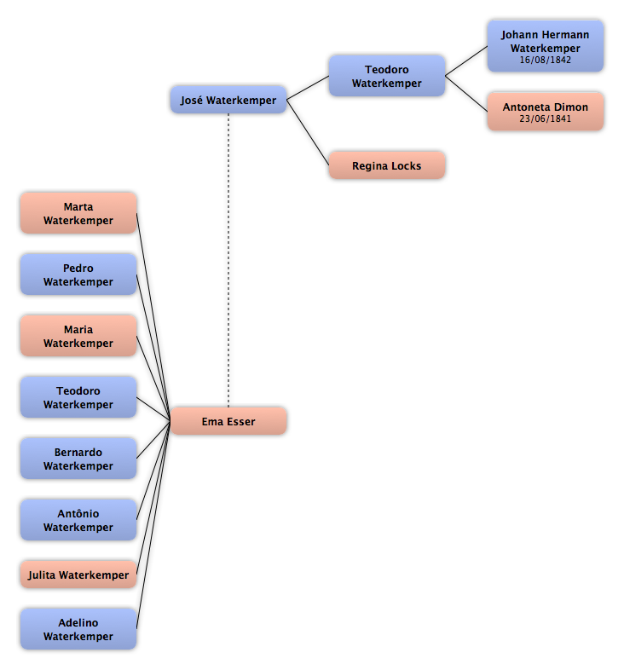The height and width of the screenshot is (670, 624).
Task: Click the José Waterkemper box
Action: coord(228,100)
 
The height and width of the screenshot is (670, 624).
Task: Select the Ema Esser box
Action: coord(228,421)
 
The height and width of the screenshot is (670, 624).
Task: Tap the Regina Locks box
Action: coord(387,165)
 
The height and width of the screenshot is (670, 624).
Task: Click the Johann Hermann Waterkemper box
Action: coord(546,46)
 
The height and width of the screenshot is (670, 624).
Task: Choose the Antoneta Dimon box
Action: coord(546,111)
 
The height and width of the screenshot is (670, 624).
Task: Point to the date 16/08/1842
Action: coord(546,60)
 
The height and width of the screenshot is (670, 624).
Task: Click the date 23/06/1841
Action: coord(546,118)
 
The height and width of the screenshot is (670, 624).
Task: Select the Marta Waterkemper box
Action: coord(78,213)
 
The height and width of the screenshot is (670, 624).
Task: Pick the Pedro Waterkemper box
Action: coord(78,274)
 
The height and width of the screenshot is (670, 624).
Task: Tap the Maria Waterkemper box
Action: coord(78,336)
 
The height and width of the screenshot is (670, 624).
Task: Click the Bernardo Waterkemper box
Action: coord(78,459)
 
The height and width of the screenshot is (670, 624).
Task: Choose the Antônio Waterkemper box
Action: coord(78,520)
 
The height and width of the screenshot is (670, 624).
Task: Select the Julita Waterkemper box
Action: coord(78,575)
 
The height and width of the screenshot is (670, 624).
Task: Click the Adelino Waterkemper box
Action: coord(78,629)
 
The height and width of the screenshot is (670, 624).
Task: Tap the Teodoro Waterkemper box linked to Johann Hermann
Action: coord(387,76)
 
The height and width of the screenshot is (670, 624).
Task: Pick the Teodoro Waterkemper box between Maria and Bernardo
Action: coord(78,397)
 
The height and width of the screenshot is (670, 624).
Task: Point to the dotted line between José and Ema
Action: coord(228,260)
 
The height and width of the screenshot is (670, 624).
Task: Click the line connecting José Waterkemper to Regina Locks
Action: coord(308,132)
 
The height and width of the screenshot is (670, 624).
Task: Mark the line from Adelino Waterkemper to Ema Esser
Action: coord(153,525)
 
